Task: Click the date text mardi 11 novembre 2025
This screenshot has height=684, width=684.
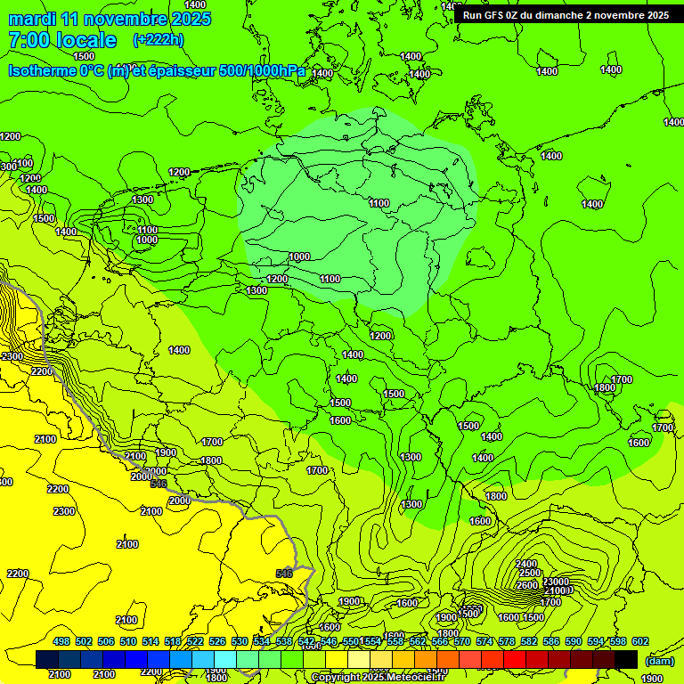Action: click(110, 19)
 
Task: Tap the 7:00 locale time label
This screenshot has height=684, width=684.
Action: click(61, 40)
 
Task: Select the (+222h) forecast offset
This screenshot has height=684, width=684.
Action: click(159, 39)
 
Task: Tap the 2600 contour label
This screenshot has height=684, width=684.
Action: click(528, 584)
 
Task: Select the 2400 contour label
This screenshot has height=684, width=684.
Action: click(526, 563)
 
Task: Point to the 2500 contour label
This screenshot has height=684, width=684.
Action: click(530, 574)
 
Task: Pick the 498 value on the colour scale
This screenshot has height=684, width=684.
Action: click(61, 641)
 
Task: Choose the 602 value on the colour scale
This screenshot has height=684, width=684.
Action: click(639, 641)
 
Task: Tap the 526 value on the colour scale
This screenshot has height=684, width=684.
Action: click(217, 641)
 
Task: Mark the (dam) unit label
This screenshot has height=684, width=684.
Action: click(658, 660)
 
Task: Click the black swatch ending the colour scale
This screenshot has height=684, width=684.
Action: click(626, 659)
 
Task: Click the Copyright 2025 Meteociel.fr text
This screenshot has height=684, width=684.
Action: click(378, 678)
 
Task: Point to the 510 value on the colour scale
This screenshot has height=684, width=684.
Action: click(128, 641)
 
